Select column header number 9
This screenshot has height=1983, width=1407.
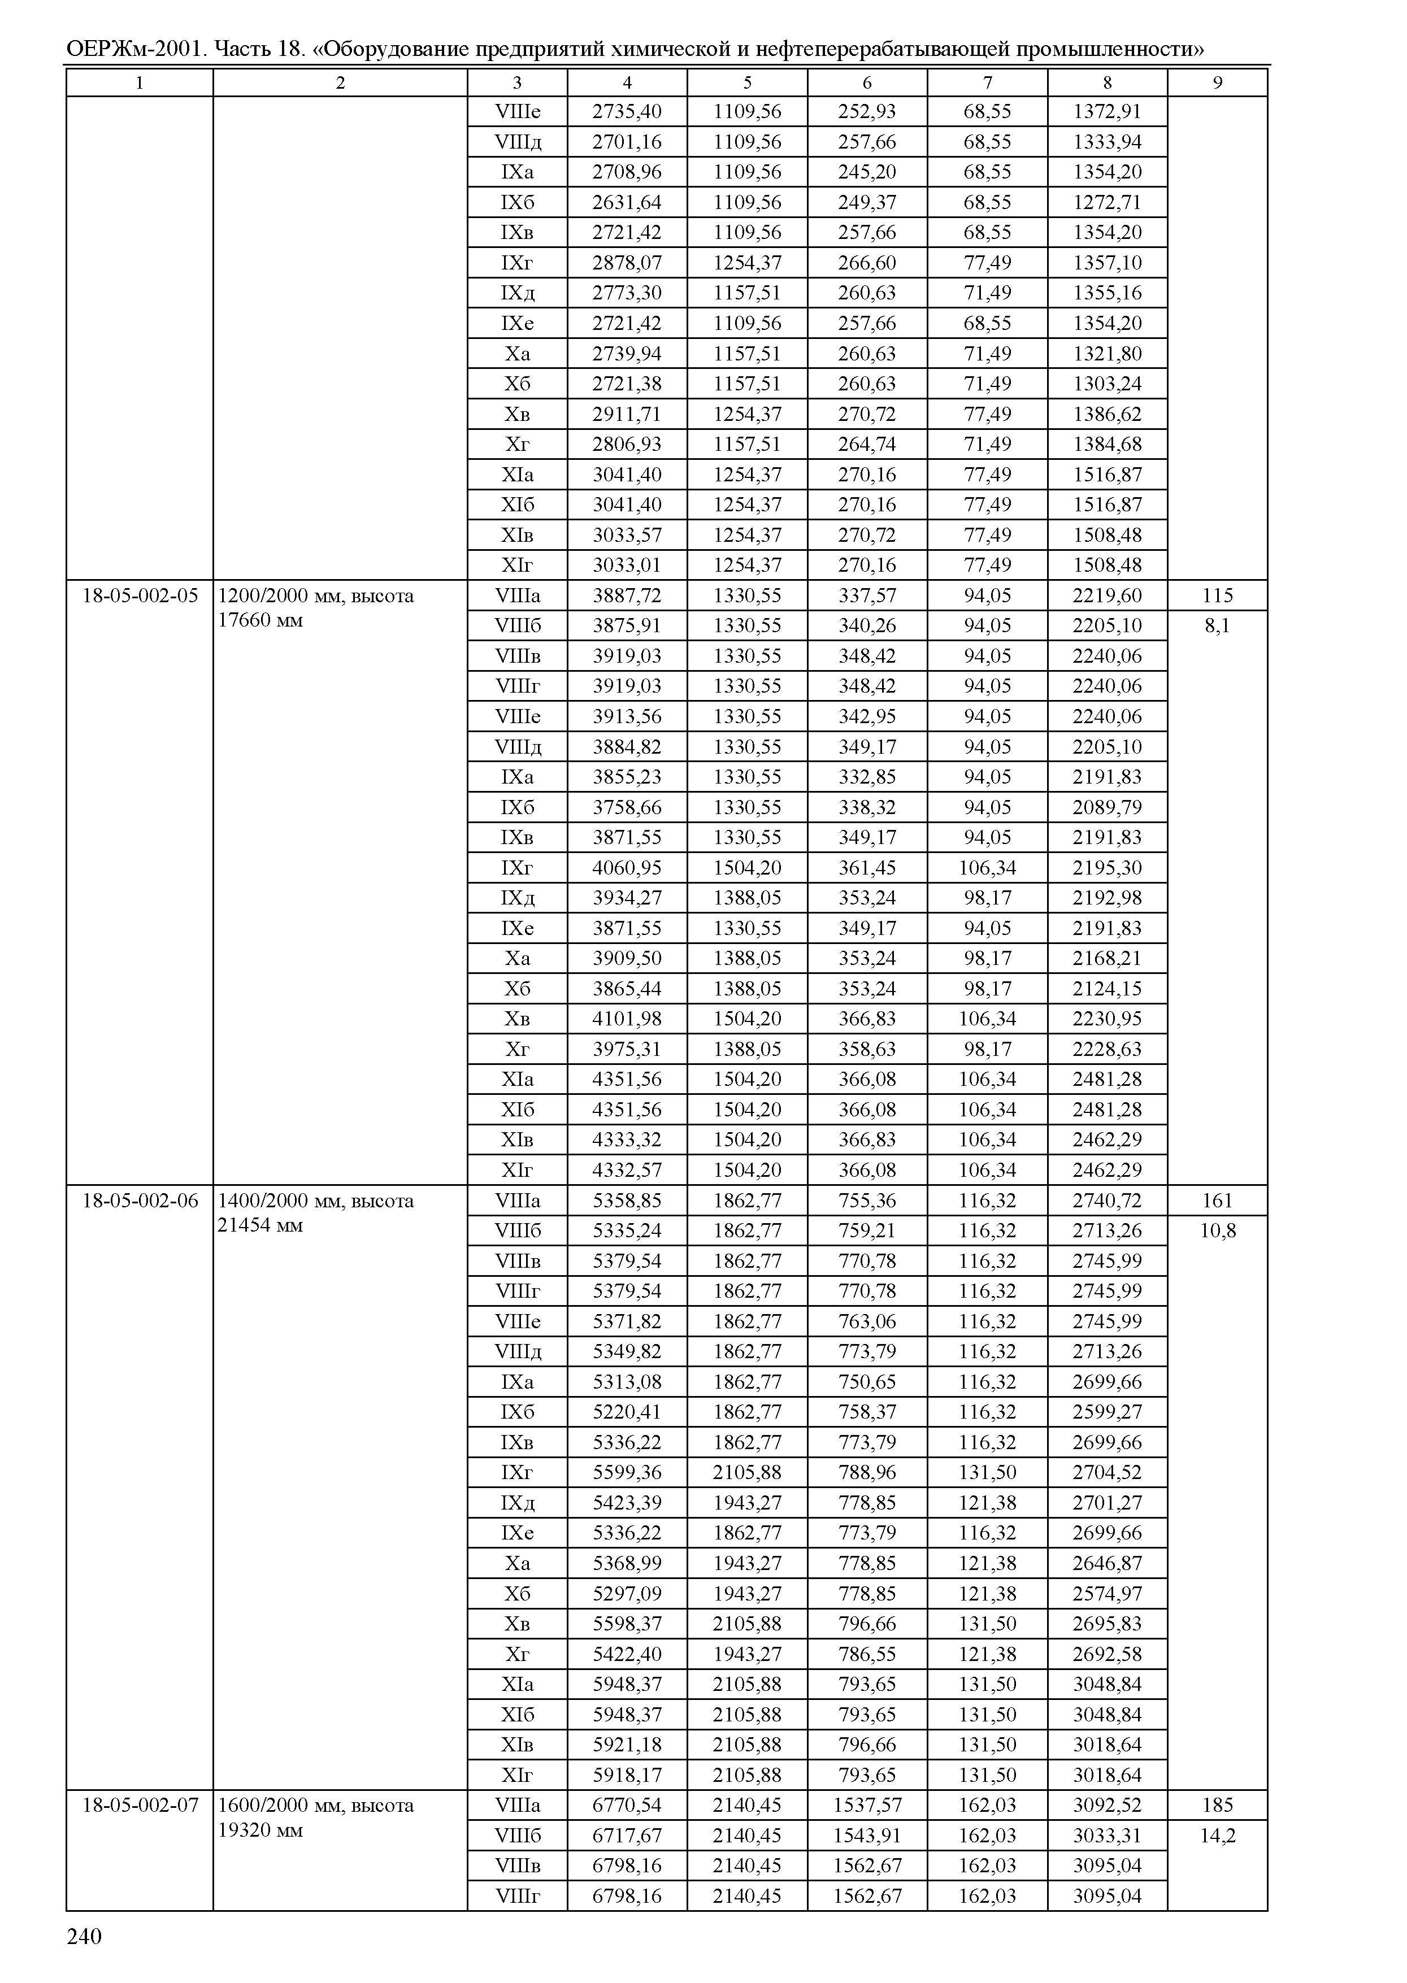click(x=1217, y=82)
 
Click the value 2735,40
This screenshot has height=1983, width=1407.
click(x=627, y=112)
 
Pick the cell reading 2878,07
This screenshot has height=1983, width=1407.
click(x=627, y=263)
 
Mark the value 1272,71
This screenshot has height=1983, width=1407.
click(x=1107, y=203)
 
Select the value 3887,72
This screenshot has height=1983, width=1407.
click(x=627, y=596)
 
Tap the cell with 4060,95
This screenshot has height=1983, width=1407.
click(x=627, y=868)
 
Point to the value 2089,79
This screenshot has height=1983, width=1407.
click(x=1107, y=807)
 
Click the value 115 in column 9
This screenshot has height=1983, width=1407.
click(x=1217, y=596)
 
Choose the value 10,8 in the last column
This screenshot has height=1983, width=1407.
click(x=1217, y=1231)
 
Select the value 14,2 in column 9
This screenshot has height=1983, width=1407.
click(x=1217, y=1836)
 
